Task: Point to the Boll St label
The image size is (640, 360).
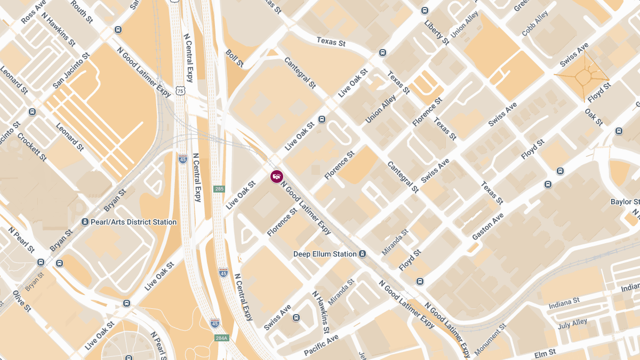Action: click(235, 58)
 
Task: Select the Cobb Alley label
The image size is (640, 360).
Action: click(535, 24)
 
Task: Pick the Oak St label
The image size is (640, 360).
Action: click(593, 117)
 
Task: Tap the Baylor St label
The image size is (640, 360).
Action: click(625, 202)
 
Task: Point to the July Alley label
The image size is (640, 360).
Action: click(572, 323)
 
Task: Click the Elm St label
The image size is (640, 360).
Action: click(545, 352)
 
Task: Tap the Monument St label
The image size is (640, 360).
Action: click(490, 339)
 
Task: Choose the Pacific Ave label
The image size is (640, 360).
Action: click(321, 345)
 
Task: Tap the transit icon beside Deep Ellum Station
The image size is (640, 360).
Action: click(363, 254)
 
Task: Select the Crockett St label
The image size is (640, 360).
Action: click(32, 147)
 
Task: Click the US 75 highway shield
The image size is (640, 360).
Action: click(181, 91)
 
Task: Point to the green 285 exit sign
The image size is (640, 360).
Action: click(219, 189)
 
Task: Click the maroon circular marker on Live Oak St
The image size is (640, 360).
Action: click(276, 176)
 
